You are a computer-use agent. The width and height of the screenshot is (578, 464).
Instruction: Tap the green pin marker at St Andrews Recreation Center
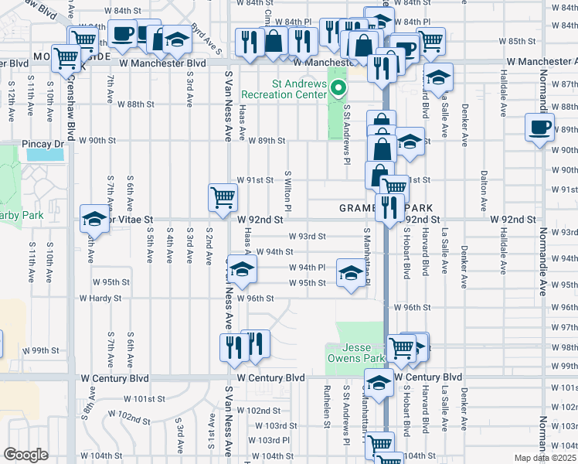337,88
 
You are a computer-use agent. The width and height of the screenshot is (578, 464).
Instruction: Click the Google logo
25,455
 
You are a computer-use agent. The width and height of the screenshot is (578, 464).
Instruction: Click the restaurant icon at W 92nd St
389,206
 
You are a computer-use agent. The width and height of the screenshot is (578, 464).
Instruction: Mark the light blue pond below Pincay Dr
46,154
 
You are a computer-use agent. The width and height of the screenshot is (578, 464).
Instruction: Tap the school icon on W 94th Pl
241,268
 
